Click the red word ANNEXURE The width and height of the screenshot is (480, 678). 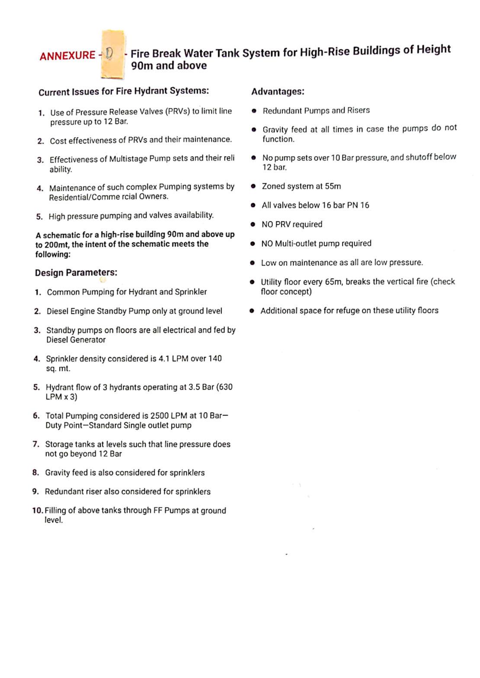point(67,56)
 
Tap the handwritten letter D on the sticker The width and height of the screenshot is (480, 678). point(109,54)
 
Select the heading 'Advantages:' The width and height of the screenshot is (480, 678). point(278,92)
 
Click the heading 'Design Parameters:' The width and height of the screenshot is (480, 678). point(76,273)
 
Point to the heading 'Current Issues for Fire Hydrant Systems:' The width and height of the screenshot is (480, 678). point(124,92)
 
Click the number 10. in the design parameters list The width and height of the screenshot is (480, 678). point(38,510)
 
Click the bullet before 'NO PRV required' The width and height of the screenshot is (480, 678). point(253,224)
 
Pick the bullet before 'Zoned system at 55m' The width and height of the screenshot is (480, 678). point(253,186)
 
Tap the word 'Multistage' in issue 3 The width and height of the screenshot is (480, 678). point(128,159)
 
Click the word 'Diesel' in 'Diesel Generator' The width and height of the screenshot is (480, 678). point(58,340)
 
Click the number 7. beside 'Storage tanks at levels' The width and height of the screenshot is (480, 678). point(36,444)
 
